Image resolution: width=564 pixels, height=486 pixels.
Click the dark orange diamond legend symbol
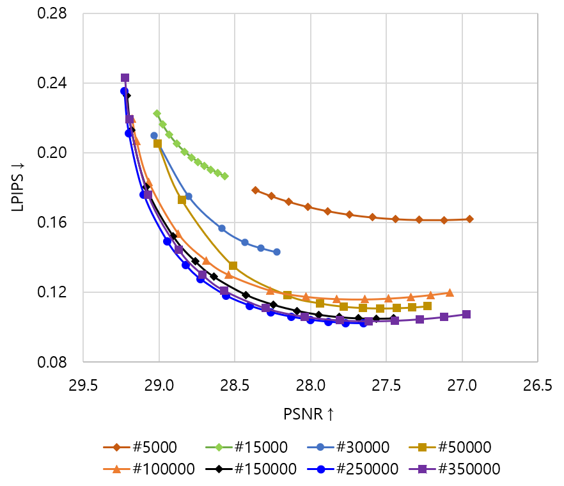pyautogui.click(x=116, y=447)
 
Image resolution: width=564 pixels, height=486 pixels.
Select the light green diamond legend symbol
pyautogui.click(x=219, y=447)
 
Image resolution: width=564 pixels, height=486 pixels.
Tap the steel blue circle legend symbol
pyautogui.click(x=320, y=447)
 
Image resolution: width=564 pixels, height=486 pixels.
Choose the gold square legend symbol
pyautogui.click(x=422, y=447)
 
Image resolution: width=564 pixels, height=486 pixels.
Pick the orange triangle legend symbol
pyautogui.click(x=116, y=469)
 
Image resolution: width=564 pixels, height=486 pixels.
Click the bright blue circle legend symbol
pyautogui.click(x=320, y=469)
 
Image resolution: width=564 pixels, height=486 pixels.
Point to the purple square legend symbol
pyautogui.click(x=422, y=469)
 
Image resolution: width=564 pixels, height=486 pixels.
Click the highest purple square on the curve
pyautogui.click(x=125, y=77)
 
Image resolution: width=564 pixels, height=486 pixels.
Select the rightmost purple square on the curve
pyautogui.click(x=467, y=314)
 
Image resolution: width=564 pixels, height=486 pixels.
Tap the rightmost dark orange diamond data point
pyautogui.click(x=469, y=219)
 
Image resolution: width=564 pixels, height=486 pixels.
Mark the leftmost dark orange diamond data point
pyautogui.click(x=255, y=190)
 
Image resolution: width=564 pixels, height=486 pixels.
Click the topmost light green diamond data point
pyautogui.click(x=157, y=113)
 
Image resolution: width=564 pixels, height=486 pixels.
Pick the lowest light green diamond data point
pyautogui.click(x=224, y=176)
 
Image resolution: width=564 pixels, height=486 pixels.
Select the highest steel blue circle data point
pyautogui.click(x=154, y=136)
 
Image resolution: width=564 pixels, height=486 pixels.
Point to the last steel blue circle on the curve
pyautogui.click(x=276, y=252)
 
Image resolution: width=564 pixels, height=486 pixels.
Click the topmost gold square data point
pyautogui.click(x=157, y=144)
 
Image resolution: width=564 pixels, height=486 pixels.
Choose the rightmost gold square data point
pyautogui.click(x=427, y=306)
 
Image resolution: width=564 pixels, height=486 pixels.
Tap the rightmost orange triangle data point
pyautogui.click(x=450, y=293)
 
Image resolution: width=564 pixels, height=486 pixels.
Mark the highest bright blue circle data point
pyautogui.click(x=124, y=91)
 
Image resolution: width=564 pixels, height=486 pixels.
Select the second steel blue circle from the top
pyautogui.click(x=188, y=196)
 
